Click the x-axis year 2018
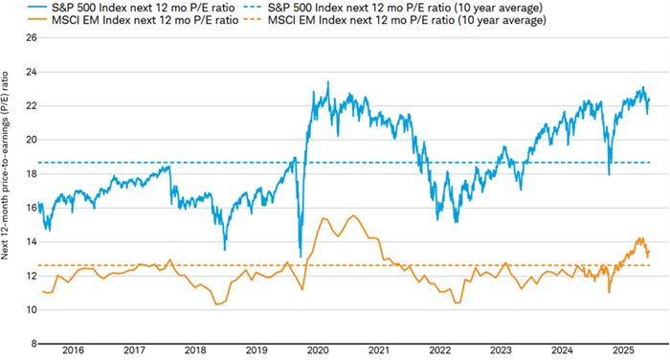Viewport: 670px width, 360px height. [x=195, y=351]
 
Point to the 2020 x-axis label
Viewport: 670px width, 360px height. [x=319, y=351]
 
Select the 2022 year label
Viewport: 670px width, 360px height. [x=442, y=351]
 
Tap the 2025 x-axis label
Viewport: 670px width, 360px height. [x=627, y=351]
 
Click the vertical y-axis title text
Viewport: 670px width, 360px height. [x=9, y=191]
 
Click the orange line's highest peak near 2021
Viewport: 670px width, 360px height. [x=353, y=215]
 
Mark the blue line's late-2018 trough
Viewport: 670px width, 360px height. [x=225, y=249]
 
